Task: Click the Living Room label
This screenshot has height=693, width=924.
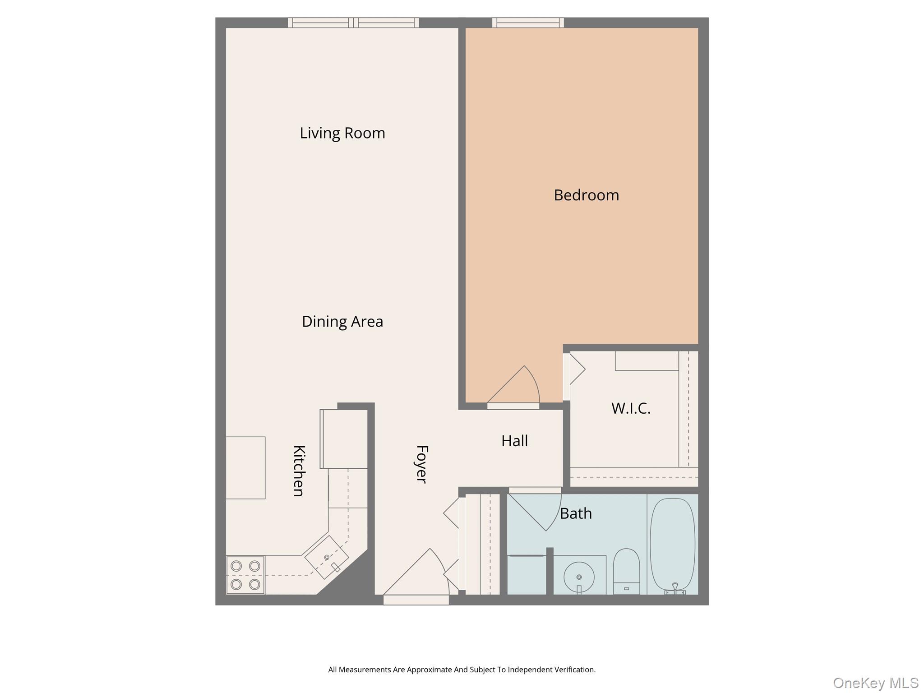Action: [342, 133]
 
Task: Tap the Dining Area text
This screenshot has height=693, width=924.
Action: [342, 322]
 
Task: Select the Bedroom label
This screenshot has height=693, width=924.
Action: [586, 195]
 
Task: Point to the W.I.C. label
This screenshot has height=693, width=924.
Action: [631, 408]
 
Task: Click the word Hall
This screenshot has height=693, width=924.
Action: [514, 441]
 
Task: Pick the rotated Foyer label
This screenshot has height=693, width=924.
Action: [421, 464]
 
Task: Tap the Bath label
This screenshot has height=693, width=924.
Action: [576, 513]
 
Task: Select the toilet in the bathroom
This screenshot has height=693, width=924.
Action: [626, 571]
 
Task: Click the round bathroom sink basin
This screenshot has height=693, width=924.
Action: [579, 577]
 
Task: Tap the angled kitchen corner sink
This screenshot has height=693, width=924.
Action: [327, 557]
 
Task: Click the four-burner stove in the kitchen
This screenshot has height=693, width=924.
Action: [245, 575]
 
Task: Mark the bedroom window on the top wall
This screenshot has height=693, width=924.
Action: [528, 23]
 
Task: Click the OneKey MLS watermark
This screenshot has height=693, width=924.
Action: [875, 683]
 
